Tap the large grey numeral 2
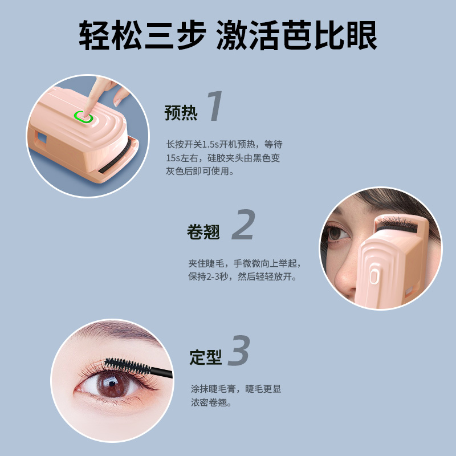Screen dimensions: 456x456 point(244,224)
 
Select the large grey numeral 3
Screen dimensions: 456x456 point(239,350)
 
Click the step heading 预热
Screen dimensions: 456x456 point(181,112)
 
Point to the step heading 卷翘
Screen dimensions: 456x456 point(203,232)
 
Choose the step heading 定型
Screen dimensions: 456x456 point(206,357)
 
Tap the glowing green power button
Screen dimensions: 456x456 point(83,117)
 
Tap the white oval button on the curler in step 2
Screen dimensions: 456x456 point(374,276)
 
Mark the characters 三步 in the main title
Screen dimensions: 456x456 point(176,35)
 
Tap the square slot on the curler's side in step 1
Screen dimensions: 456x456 point(40,137)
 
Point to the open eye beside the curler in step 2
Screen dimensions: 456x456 point(337,233)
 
